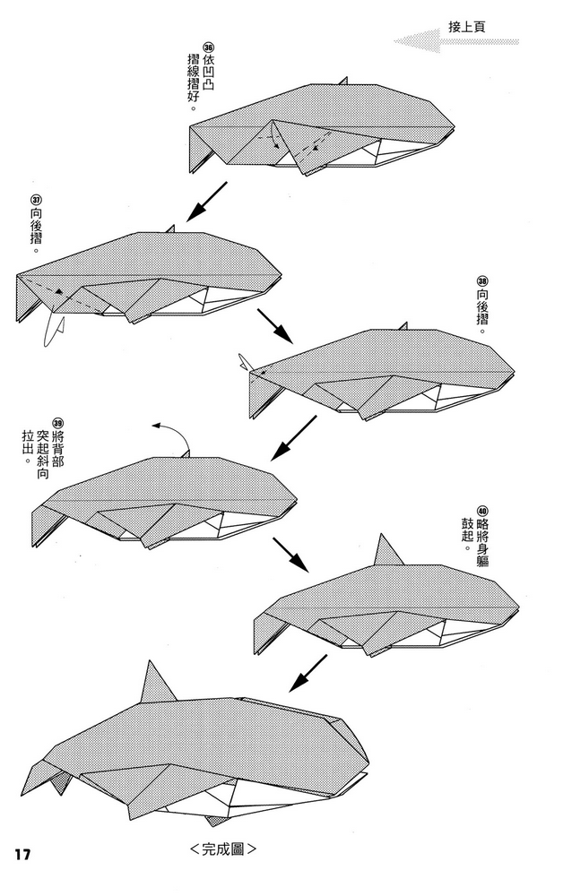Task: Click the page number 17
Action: click(x=22, y=855)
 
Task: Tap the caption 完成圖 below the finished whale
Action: click(x=222, y=849)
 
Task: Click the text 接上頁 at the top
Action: click(x=467, y=26)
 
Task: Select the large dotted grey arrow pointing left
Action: click(x=455, y=41)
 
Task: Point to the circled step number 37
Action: click(x=36, y=201)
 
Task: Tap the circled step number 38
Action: click(x=482, y=281)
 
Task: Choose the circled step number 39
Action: click(x=57, y=424)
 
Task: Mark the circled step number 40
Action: click(x=482, y=511)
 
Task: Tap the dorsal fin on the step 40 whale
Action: click(x=387, y=551)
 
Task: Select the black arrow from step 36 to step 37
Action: click(x=206, y=202)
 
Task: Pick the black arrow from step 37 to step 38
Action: click(x=275, y=326)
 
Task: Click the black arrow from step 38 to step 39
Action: click(x=293, y=438)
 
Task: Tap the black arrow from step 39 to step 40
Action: click(x=290, y=555)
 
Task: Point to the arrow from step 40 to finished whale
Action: click(x=308, y=673)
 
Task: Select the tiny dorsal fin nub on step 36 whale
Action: click(x=342, y=81)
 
